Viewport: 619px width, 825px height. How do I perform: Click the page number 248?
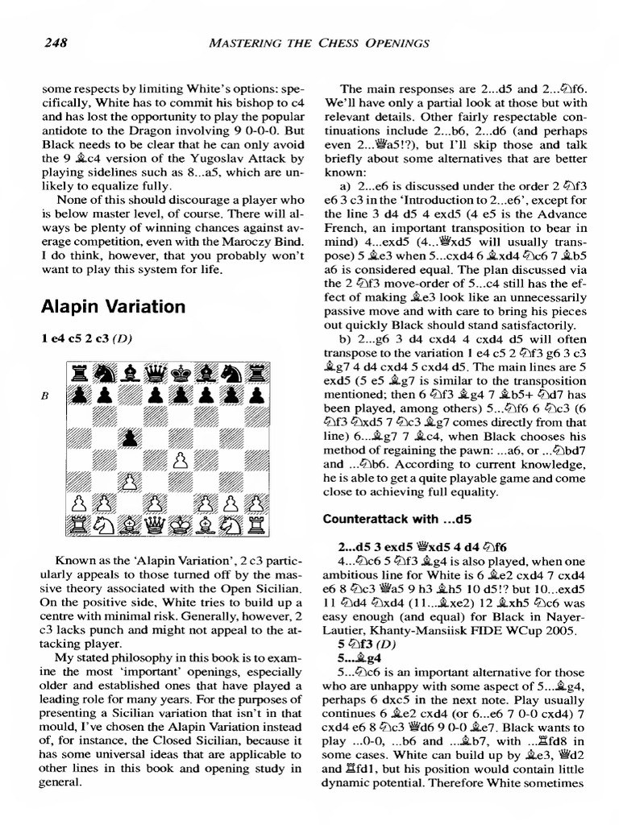54,42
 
